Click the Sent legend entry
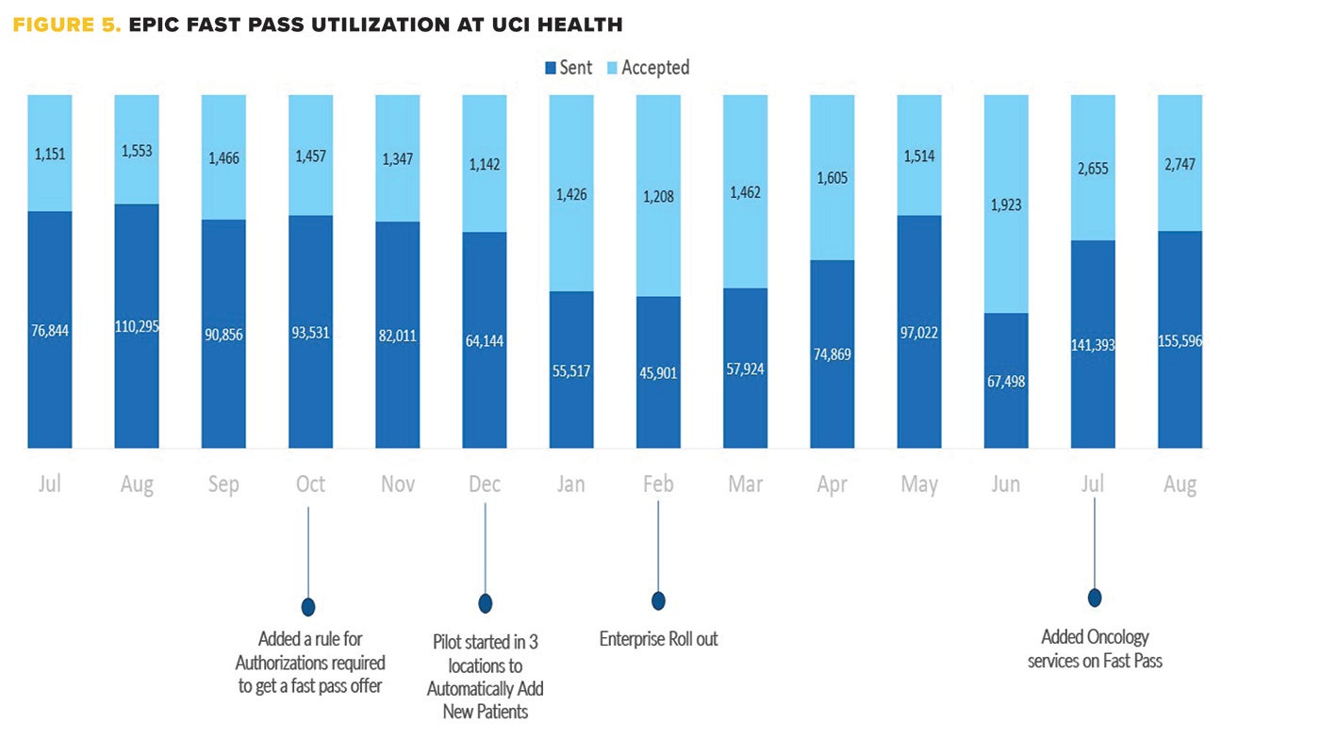(x=569, y=68)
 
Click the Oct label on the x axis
(x=310, y=484)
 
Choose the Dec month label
(x=485, y=484)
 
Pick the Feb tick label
(x=658, y=484)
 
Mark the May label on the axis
(x=919, y=484)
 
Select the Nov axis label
(x=397, y=484)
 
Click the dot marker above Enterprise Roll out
(x=658, y=600)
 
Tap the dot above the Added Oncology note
(x=1095, y=598)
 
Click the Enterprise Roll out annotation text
(x=658, y=639)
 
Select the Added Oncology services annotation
(x=1095, y=649)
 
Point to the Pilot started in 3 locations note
(x=485, y=677)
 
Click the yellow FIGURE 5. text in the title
(x=67, y=25)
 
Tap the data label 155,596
(x=1180, y=340)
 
